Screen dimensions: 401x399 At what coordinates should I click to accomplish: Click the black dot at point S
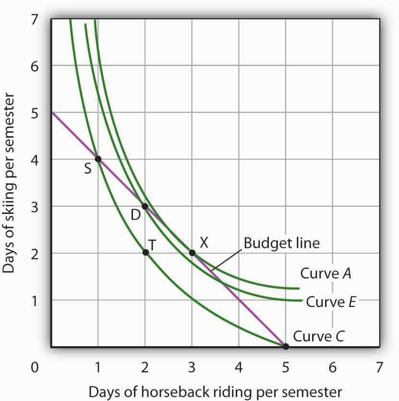click(98, 159)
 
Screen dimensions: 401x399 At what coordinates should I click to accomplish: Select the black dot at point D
click(145, 206)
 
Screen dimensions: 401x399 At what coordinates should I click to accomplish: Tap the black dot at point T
click(145, 252)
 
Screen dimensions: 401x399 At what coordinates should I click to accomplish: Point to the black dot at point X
click(192, 253)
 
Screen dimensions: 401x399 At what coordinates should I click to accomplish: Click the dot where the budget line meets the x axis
click(286, 346)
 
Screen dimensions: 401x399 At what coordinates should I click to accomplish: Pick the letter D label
click(135, 215)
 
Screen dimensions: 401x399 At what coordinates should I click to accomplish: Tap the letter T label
click(153, 244)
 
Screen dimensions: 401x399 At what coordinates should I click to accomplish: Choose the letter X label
click(204, 243)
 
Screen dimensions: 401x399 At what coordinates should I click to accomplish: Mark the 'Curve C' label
click(319, 335)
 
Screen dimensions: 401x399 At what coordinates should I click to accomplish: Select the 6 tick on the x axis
click(332, 368)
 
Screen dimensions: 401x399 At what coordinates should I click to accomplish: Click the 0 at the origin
click(34, 368)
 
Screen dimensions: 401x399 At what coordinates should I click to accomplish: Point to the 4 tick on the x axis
click(239, 368)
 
